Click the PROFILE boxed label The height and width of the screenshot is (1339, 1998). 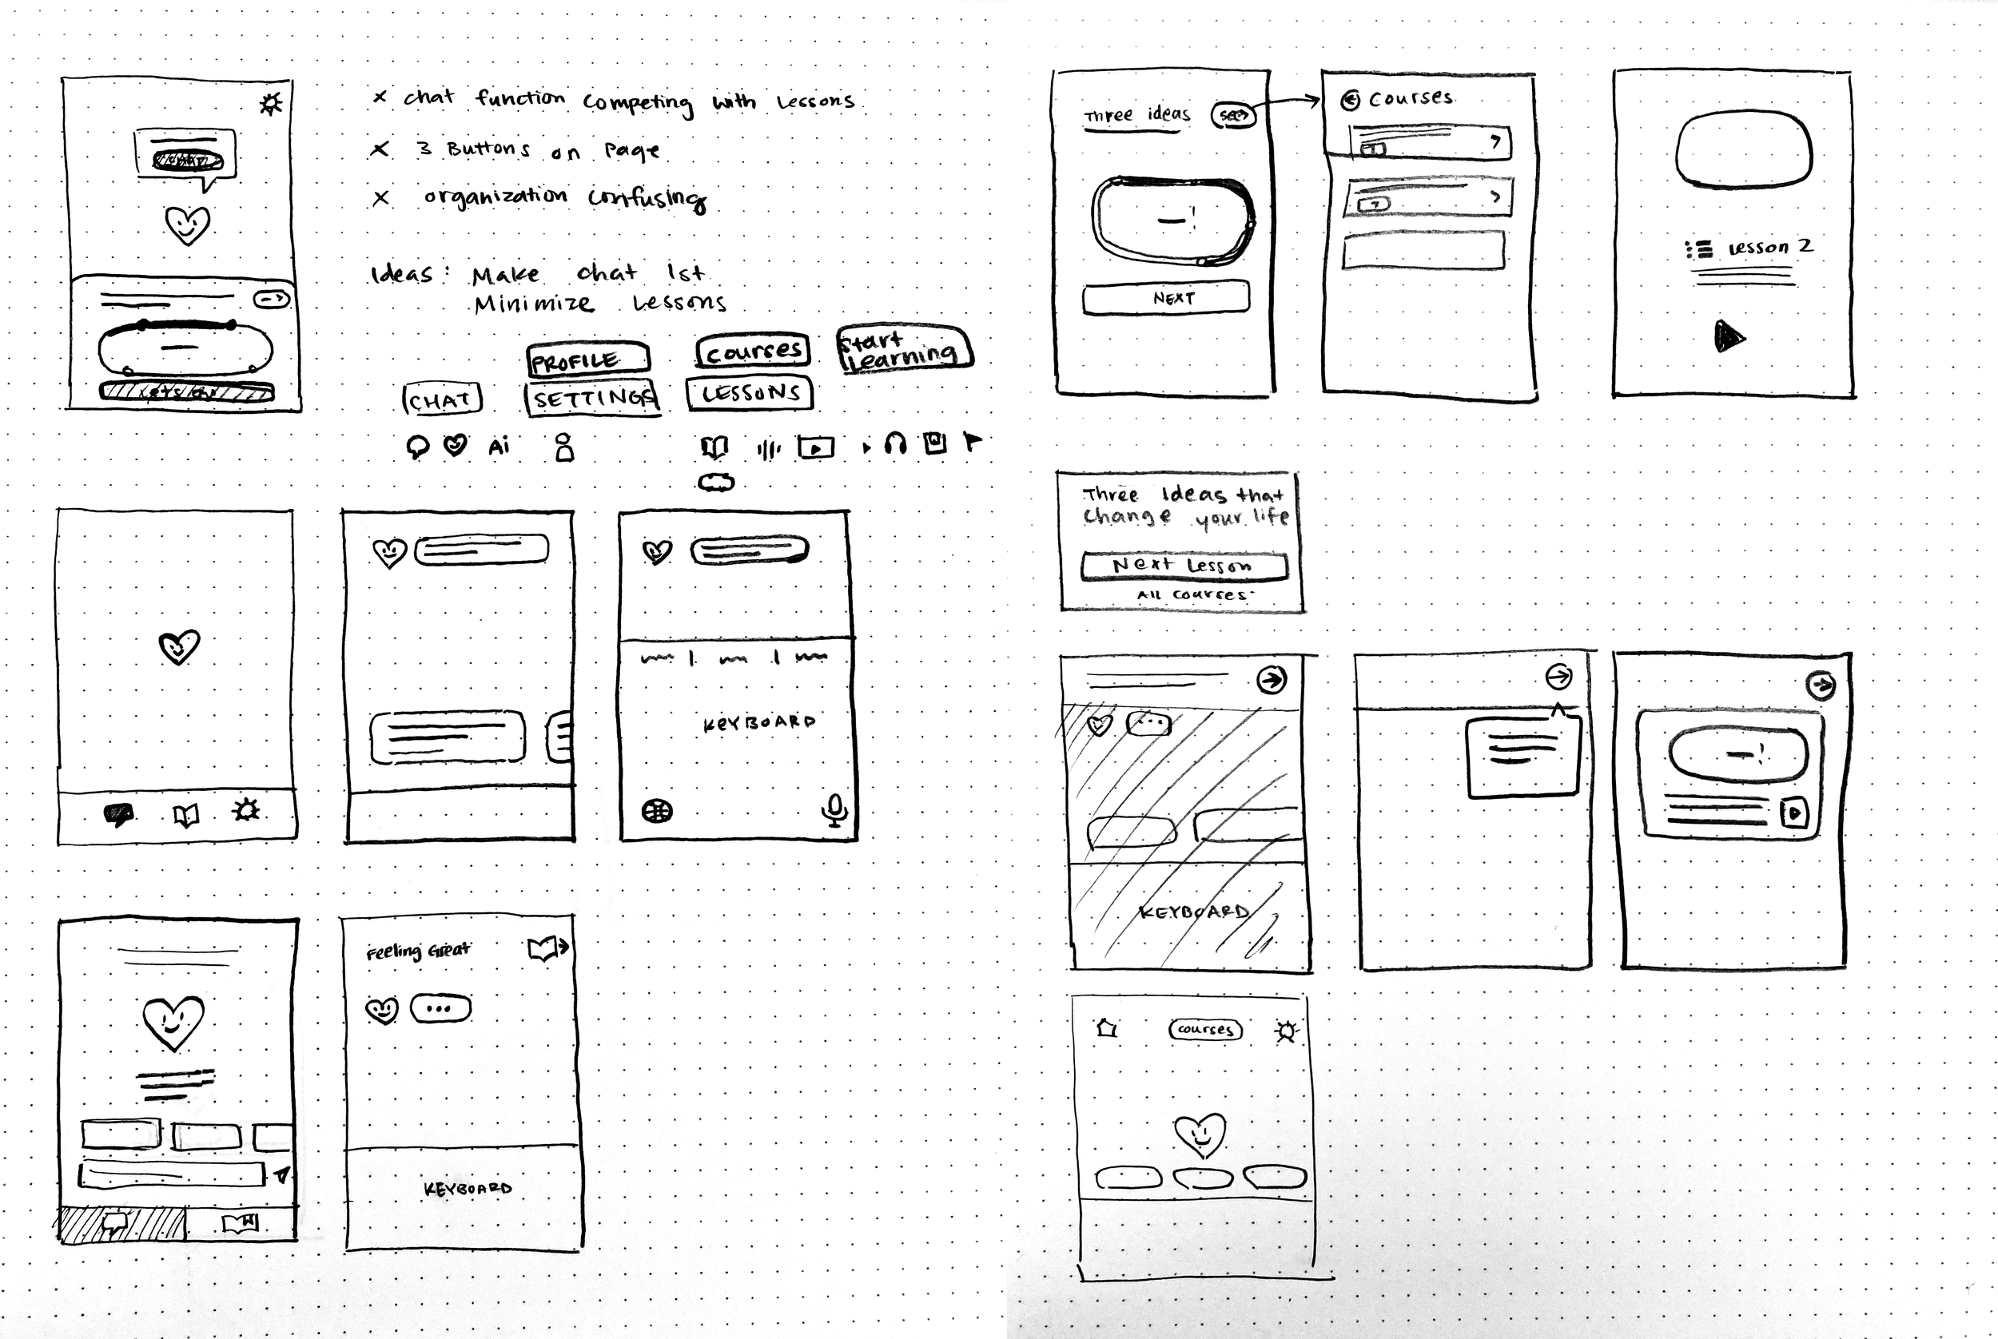coord(587,360)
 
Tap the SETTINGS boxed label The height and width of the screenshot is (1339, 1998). coord(593,398)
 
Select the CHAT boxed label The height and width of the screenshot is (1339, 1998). coord(442,399)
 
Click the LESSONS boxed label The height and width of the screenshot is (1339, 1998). coord(750,393)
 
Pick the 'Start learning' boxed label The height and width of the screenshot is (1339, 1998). coord(904,349)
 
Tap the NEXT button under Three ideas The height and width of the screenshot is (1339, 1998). coord(1166,298)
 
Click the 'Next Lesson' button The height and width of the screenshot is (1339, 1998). coord(1183,566)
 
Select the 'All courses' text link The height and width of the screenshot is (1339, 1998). coord(1192,594)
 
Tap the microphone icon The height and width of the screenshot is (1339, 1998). coord(834,809)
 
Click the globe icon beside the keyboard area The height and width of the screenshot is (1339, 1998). coord(657,810)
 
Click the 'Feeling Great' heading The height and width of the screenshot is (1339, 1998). coord(418,951)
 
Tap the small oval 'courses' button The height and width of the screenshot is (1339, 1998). coord(1205,1029)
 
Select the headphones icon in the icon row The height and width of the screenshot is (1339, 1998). coord(894,443)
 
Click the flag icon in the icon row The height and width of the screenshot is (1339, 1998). coord(972,442)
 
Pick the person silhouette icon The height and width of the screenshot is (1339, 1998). coord(563,447)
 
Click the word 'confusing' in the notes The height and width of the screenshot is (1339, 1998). coord(647,198)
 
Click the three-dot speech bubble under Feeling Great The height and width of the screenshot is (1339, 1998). coord(440,1008)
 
